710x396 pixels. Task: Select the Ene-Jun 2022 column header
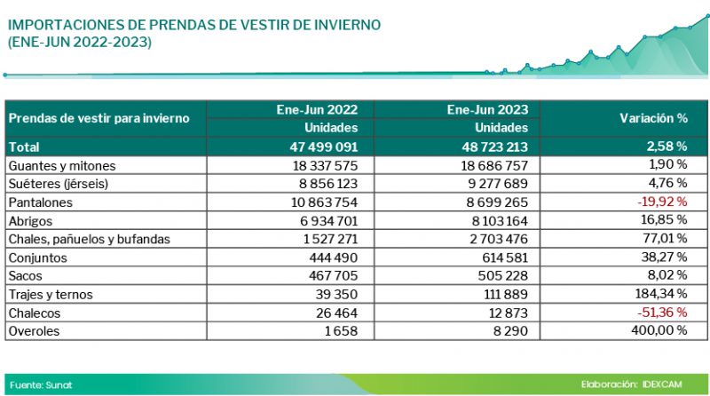coord(317,110)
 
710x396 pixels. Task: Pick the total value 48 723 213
coord(492,147)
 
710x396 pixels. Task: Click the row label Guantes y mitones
coord(61,165)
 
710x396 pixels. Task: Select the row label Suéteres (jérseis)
coord(59,184)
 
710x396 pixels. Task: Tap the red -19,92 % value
coord(663,202)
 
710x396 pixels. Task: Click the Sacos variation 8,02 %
coord(667,275)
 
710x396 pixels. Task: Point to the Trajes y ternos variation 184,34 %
coord(661,294)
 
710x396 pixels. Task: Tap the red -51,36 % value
coord(663,313)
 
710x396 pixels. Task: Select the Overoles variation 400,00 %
coord(659,330)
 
